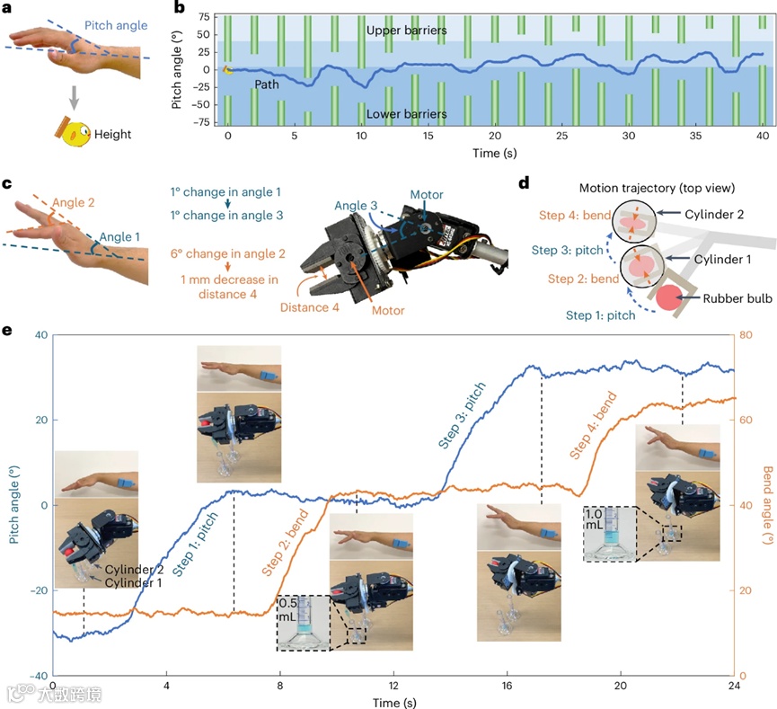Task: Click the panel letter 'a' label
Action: [x=8, y=9]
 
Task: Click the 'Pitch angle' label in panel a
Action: [x=117, y=26]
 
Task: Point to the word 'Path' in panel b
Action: [x=267, y=84]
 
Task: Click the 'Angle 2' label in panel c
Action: [x=73, y=204]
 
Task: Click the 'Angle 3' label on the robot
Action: [x=356, y=205]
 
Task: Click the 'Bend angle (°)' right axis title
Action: [x=767, y=505]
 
